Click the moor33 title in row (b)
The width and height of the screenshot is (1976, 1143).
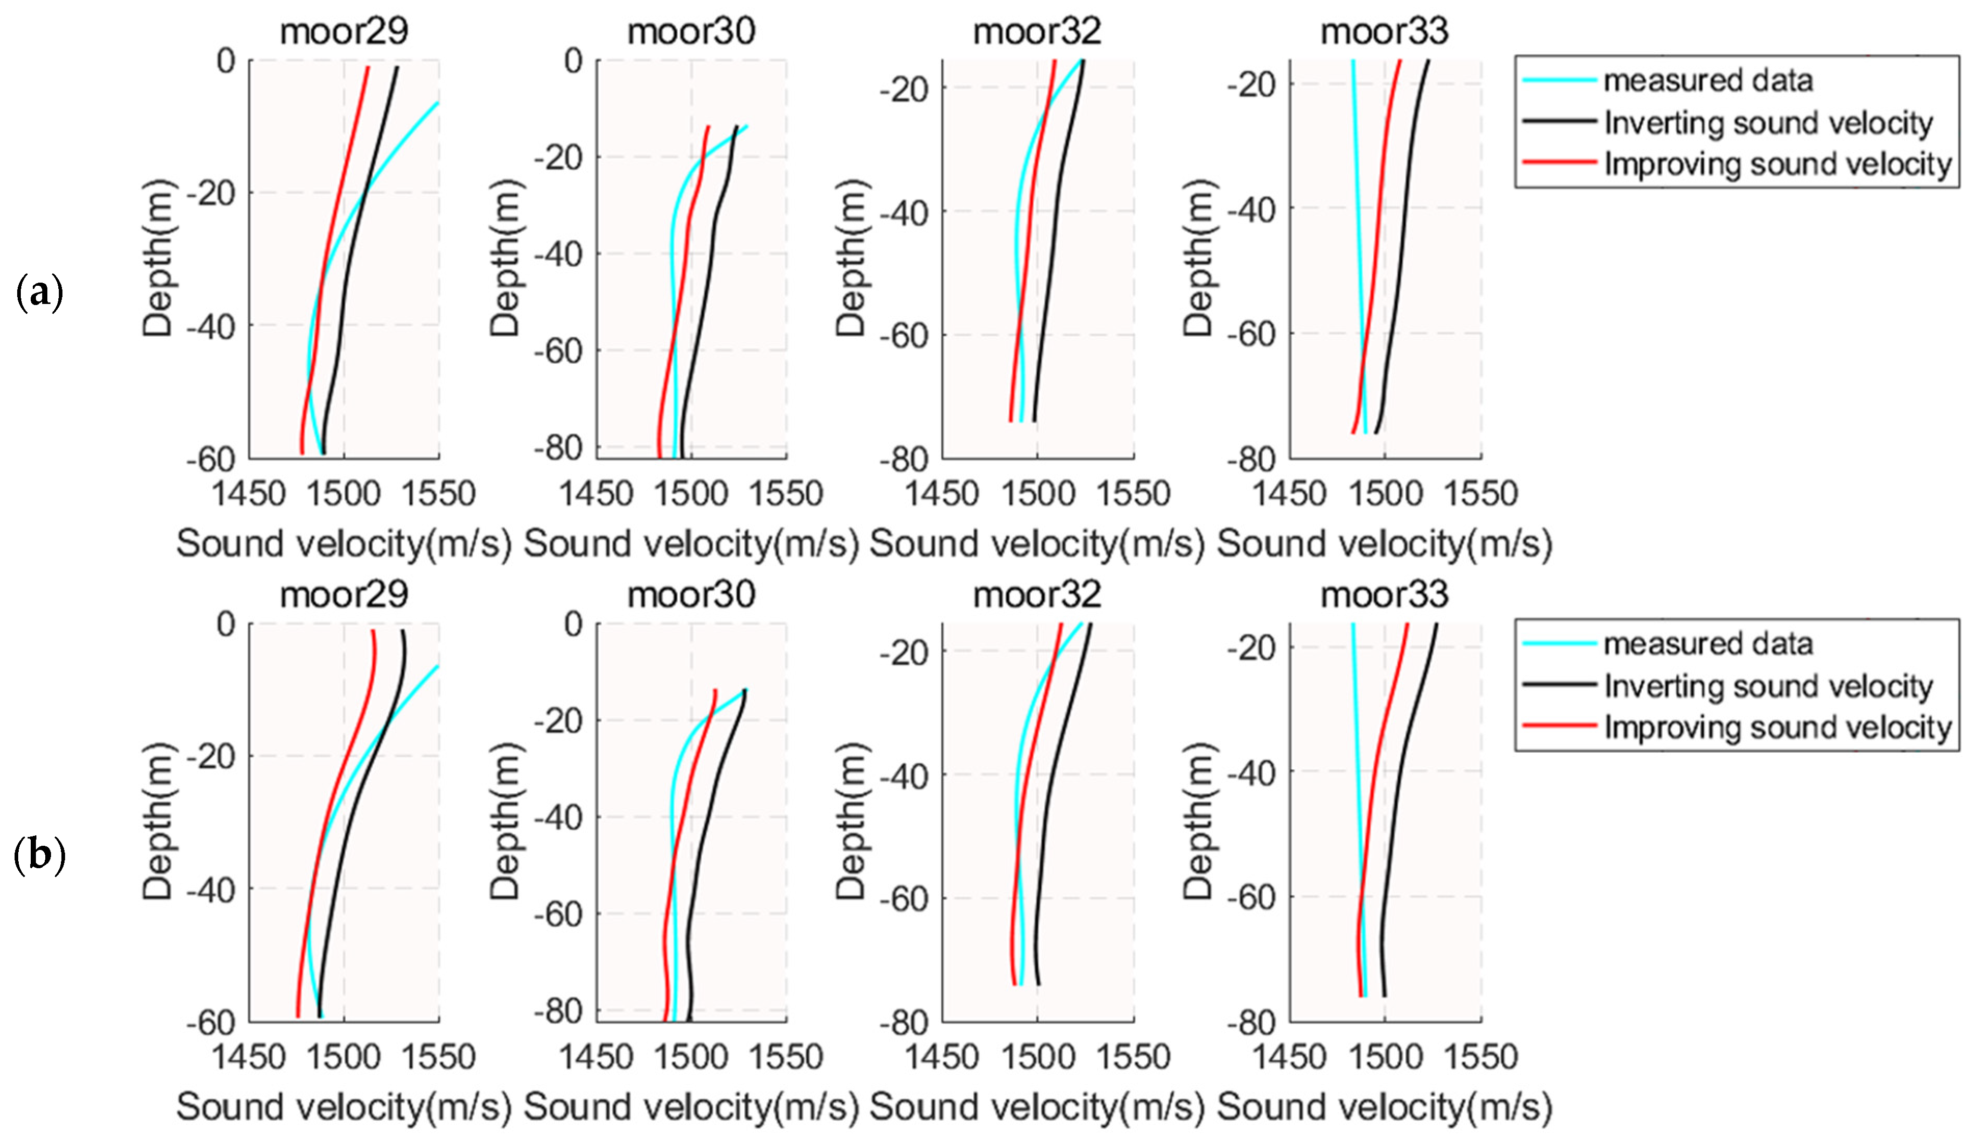[x=1384, y=595]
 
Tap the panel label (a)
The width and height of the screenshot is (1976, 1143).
[x=39, y=293]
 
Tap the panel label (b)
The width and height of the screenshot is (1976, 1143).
[x=39, y=855]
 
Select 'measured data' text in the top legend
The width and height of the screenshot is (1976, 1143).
[x=1708, y=81]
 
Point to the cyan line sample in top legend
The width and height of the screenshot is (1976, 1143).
[x=1559, y=80]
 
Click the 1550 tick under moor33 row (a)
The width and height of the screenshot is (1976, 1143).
[x=1480, y=494]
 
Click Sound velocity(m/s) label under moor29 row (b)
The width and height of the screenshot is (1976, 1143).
[x=344, y=1107]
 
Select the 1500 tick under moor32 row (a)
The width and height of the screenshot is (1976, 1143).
[x=1037, y=494]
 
